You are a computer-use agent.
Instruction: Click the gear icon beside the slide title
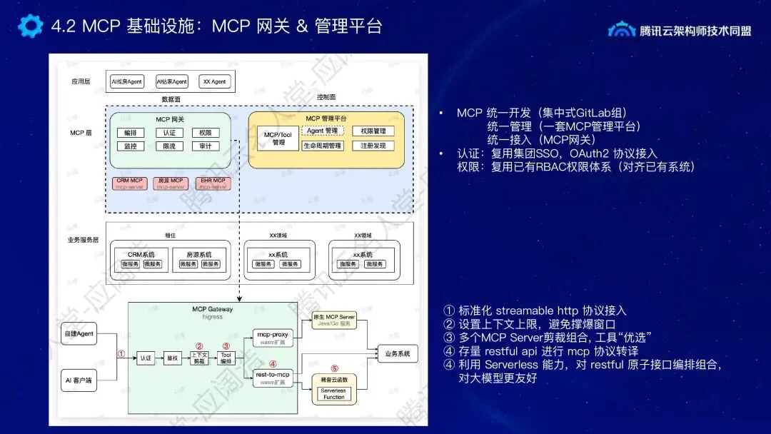31,26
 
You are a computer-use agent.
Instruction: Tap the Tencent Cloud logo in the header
621,29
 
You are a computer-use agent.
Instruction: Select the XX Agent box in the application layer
214,82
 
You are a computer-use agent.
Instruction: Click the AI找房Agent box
126,82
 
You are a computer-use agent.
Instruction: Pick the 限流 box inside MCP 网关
169,146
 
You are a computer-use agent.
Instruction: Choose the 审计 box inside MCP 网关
206,146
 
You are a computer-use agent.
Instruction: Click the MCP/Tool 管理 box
278,138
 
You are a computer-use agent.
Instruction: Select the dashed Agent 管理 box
323,131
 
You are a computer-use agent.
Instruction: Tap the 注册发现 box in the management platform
373,146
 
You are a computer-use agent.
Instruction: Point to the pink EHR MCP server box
213,183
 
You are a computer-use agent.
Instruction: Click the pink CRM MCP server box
130,183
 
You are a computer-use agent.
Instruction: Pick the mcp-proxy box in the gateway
273,336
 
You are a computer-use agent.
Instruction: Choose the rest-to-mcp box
273,378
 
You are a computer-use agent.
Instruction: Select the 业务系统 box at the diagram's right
398,353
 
